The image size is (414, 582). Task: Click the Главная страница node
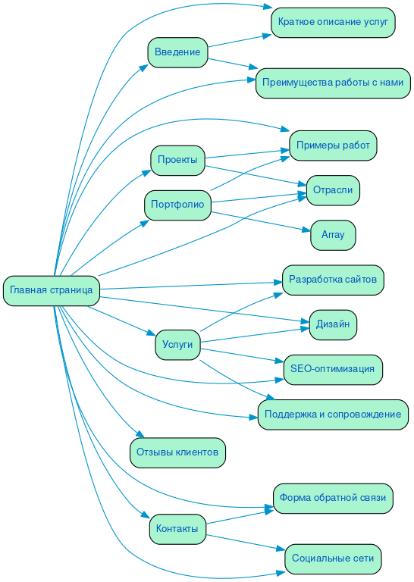[x=52, y=290]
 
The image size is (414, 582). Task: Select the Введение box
[x=177, y=52]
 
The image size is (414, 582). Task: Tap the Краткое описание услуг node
[x=333, y=23]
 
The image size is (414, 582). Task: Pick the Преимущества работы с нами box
[x=334, y=82]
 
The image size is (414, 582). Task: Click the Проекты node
[x=177, y=160]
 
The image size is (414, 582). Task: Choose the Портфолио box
[x=177, y=205]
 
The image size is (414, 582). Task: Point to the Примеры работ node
[x=333, y=145]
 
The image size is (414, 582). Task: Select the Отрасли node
[x=333, y=190]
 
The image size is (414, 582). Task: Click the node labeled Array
[x=333, y=235]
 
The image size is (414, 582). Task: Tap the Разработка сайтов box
[x=333, y=280]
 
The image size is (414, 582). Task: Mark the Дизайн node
[x=333, y=324]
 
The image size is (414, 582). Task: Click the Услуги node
[x=177, y=345]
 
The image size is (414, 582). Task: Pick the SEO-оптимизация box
[x=333, y=369]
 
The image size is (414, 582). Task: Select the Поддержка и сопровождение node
[x=333, y=415]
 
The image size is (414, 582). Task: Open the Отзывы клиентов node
[x=177, y=453]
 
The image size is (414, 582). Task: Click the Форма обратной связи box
[x=333, y=498]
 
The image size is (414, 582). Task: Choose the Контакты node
[x=177, y=528]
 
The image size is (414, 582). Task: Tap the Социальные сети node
[x=333, y=559]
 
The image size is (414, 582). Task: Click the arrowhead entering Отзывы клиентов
[x=140, y=435]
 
